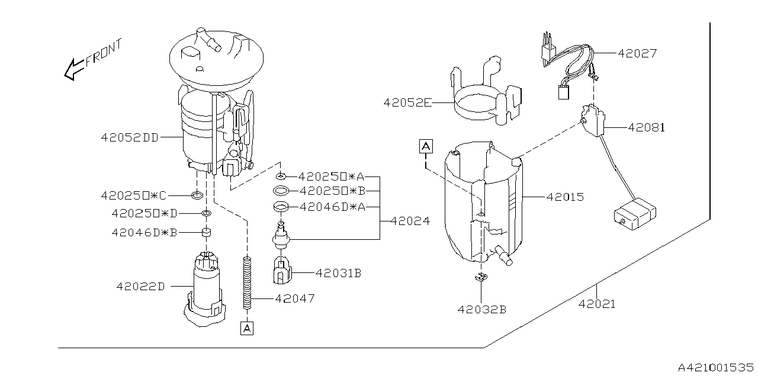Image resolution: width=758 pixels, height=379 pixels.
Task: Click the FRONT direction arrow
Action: pyautogui.click(x=75, y=68)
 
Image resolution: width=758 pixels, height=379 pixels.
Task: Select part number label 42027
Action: pyautogui.click(x=637, y=53)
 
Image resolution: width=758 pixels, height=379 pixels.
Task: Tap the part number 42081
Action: pyautogui.click(x=647, y=127)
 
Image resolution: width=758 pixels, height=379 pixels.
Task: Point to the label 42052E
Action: pyautogui.click(x=407, y=103)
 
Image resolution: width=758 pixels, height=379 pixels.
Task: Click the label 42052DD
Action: pyautogui.click(x=129, y=137)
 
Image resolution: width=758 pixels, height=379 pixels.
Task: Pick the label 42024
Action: pyautogui.click(x=410, y=221)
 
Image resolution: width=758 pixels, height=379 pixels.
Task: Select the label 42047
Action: pyautogui.click(x=294, y=298)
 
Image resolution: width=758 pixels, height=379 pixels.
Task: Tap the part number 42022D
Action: pyautogui.click(x=140, y=287)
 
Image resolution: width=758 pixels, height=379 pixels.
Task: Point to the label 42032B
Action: pyautogui.click(x=481, y=309)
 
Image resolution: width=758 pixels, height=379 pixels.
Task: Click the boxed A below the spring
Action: pyautogui.click(x=247, y=327)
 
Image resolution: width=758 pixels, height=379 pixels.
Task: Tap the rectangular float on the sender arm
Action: pyautogui.click(x=634, y=216)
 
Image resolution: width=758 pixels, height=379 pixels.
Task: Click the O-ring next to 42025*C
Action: pyautogui.click(x=198, y=195)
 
